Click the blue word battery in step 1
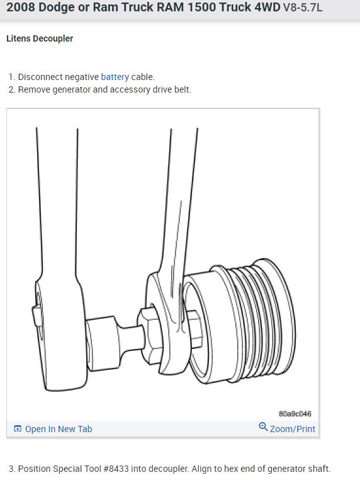[115, 77]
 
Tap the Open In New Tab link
[59, 429]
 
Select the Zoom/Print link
[293, 429]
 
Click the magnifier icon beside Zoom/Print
[263, 426]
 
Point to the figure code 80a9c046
[295, 414]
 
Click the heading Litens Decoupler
[40, 38]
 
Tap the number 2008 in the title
[21, 7]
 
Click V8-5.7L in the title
[303, 7]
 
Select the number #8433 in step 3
[116, 469]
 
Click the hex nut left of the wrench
[150, 335]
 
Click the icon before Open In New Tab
[18, 428]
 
